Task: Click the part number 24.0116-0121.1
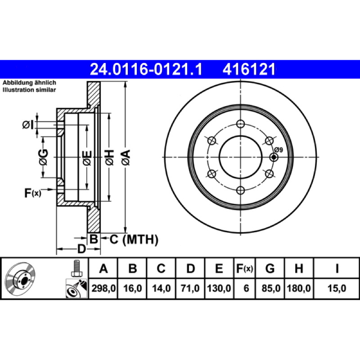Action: click(x=146, y=69)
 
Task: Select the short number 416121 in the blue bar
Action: click(x=249, y=69)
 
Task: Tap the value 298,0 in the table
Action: click(x=103, y=288)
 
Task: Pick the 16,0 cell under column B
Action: click(x=132, y=288)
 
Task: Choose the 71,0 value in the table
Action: click(x=190, y=288)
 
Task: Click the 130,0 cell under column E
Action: click(x=219, y=288)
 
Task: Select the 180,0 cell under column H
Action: click(x=299, y=288)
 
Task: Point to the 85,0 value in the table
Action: click(x=271, y=288)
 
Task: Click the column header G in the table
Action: click(x=270, y=268)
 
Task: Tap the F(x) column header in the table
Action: click(x=244, y=268)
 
